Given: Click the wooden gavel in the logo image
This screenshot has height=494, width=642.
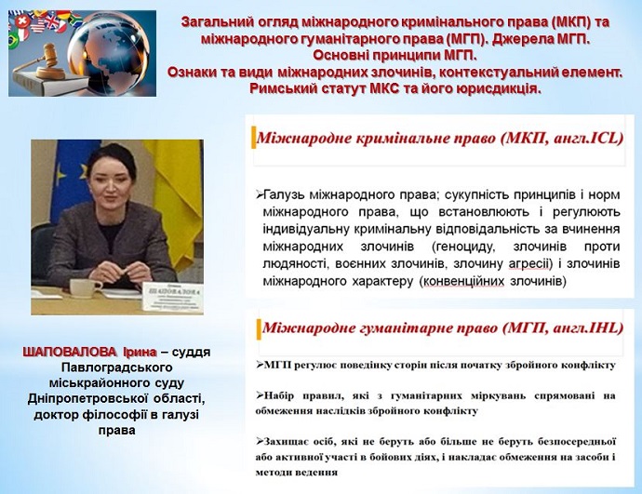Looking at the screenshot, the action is [x=43, y=62].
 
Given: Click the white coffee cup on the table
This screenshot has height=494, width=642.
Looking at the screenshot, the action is [x=85, y=287].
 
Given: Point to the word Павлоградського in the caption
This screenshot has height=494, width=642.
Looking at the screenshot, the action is [x=116, y=367].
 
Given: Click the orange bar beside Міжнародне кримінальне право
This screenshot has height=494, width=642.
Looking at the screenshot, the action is [x=253, y=138].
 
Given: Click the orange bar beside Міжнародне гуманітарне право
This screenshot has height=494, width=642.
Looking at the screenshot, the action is [x=259, y=329].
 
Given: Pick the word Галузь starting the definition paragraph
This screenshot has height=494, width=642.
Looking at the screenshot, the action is [x=284, y=194].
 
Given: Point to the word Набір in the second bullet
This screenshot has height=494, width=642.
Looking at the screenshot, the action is [x=278, y=395].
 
